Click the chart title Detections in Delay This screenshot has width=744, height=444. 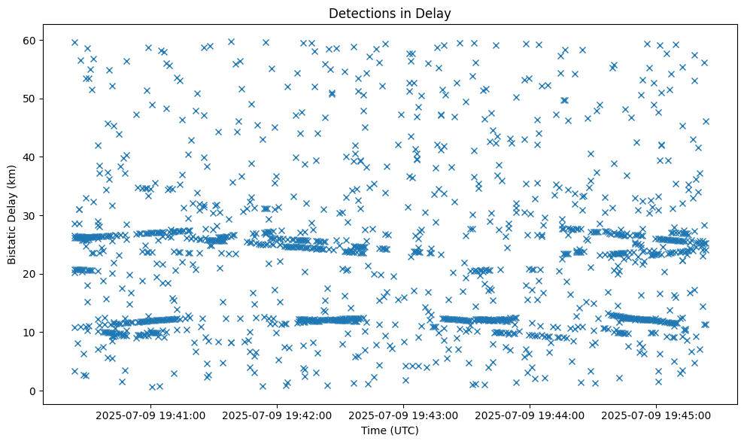pos(390,13)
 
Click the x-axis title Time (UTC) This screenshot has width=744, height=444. pos(390,430)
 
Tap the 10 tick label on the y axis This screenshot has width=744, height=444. pos(31,332)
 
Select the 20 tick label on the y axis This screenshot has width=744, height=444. pos(31,274)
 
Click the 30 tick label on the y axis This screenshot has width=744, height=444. pos(31,215)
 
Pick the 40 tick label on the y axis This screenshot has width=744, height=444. pos(31,157)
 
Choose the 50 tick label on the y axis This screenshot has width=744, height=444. pos(31,99)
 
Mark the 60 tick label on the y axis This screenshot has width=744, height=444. pos(31,40)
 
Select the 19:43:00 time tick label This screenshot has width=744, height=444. pos(404,415)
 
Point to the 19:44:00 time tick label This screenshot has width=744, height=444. pos(530,415)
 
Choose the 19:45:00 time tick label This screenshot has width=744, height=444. pos(657,415)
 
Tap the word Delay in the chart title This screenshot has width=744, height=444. pos(435,13)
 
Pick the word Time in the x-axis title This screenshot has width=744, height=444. pos(373,430)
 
